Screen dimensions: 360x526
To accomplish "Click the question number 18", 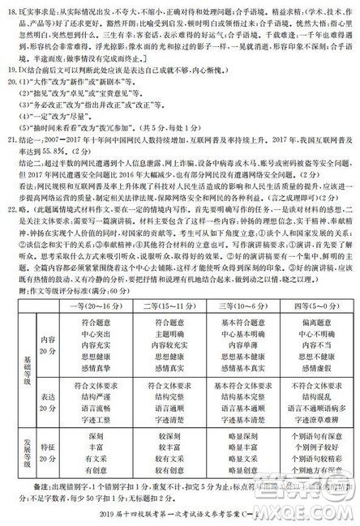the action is click(11, 8).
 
